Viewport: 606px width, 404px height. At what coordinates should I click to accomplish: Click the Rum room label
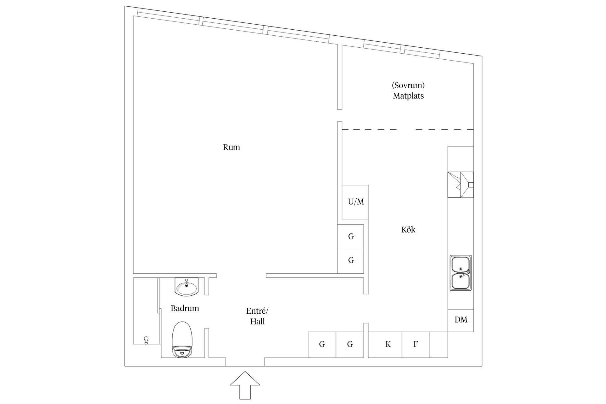231,147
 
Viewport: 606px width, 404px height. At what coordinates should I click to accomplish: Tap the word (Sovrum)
408,85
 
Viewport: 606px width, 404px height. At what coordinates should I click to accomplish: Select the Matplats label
408,96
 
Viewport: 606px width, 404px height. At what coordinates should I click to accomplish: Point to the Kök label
408,229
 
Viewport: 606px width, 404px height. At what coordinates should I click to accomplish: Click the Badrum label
185,308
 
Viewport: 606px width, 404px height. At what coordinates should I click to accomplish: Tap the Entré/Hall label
257,316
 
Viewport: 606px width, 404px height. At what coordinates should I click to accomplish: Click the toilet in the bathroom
182,339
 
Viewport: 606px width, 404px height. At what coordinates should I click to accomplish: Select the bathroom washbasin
187,287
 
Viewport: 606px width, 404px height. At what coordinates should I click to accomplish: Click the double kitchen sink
460,273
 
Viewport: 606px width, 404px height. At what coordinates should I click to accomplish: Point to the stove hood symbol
460,185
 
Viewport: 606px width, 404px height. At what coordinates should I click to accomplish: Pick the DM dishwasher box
460,320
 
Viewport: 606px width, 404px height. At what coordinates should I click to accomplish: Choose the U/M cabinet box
355,202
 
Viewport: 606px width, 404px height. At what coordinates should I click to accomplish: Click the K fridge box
388,344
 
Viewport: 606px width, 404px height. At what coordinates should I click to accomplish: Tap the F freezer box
416,344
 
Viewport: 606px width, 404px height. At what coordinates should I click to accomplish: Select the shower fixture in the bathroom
146,340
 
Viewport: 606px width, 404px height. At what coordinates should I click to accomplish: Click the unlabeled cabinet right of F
438,344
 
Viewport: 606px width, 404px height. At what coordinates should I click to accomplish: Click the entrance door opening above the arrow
245,362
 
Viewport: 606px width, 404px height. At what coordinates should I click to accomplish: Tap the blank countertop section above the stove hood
460,159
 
